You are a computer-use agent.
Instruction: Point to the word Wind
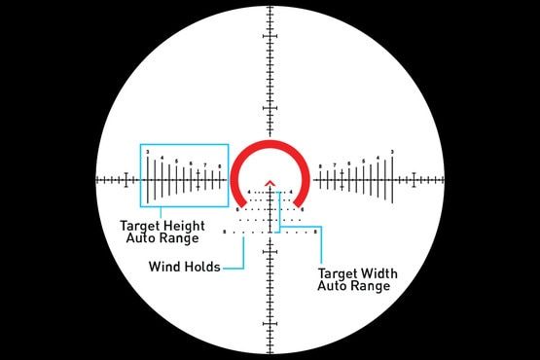pos(164,266)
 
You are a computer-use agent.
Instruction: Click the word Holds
pos(200,266)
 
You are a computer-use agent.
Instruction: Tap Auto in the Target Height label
pos(141,236)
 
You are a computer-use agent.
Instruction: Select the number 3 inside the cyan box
pos(147,152)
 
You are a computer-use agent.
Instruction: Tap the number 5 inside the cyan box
pos(176,161)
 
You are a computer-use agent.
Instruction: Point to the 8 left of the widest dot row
pos(225,233)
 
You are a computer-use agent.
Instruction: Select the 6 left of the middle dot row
pos(238,209)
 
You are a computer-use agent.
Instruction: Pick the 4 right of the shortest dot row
pos(292,192)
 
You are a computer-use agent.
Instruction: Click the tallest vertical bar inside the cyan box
pos(149,180)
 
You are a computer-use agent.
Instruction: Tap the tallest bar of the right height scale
pos(392,180)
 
